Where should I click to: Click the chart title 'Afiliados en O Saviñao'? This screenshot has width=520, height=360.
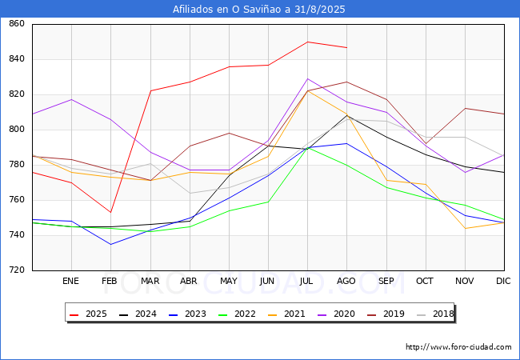pyautogui.click(x=259, y=10)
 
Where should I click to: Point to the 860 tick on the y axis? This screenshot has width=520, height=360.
pyautogui.click(x=16, y=24)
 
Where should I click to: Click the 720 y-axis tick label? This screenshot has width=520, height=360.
pyautogui.click(x=16, y=270)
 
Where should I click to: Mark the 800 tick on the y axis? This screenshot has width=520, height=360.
pyautogui.click(x=16, y=130)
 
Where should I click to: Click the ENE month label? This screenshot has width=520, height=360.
pyautogui.click(x=71, y=282)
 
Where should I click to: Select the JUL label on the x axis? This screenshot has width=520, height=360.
pyautogui.click(x=307, y=282)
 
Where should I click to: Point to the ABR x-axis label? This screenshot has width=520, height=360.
pyautogui.click(x=189, y=282)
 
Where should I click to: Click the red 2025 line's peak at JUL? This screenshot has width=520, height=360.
pyautogui.click(x=307, y=42)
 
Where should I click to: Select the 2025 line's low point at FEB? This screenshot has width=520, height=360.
pyautogui.click(x=110, y=212)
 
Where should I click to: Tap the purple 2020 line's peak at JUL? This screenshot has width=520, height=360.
pyautogui.click(x=307, y=78)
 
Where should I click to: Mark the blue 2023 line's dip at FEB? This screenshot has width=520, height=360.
pyautogui.click(x=110, y=244)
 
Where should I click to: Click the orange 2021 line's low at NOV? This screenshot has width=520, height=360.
pyautogui.click(x=465, y=228)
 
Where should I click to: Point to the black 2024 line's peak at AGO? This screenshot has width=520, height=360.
pyautogui.click(x=346, y=115)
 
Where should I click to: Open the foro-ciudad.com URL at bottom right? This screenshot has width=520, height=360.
pyautogui.click(x=458, y=347)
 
